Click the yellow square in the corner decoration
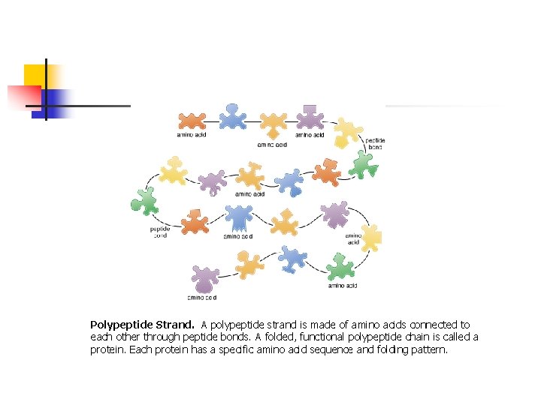[35, 75]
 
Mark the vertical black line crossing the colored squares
[46, 88]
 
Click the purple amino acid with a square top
[310, 118]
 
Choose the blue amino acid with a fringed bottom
[239, 218]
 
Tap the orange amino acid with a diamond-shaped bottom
[273, 124]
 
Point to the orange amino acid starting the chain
[192, 120]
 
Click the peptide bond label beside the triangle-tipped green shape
[375, 143]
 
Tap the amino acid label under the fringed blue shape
[237, 236]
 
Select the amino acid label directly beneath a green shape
[342, 286]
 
